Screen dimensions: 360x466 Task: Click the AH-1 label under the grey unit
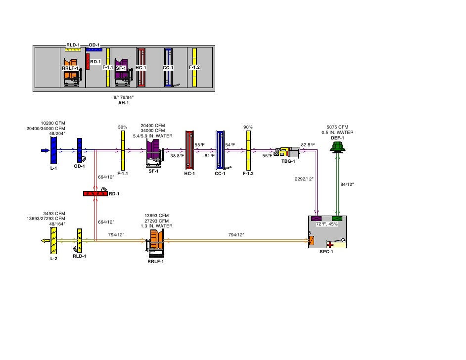point(123,103)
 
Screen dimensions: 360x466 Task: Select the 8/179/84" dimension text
point(123,97)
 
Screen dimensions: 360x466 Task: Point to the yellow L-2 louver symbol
point(53,241)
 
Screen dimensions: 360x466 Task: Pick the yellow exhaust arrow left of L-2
point(44,241)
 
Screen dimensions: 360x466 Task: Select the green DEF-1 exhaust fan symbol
point(338,146)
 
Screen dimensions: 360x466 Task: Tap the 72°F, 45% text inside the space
point(327,224)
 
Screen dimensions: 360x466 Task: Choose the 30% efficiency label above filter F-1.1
point(123,128)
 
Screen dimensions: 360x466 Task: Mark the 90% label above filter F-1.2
point(248,128)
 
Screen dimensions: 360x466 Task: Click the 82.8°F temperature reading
point(308,145)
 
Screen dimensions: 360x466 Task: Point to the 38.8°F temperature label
point(177,156)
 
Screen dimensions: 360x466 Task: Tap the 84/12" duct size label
point(347,184)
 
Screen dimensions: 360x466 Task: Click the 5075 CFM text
point(337,127)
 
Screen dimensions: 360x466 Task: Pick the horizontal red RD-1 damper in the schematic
point(95,193)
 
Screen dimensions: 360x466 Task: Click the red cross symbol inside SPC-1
point(329,244)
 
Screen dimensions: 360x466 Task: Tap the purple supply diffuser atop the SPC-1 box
point(317,219)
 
